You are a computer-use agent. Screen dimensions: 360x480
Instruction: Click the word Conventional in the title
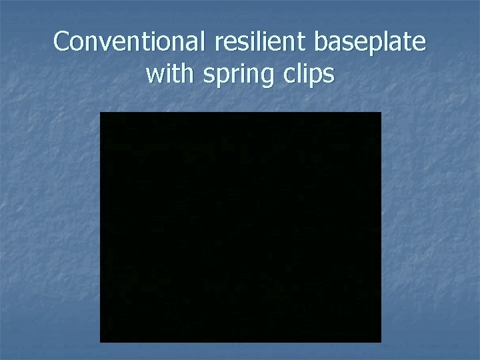tap(131, 42)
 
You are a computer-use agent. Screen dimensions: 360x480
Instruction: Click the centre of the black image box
tap(241, 227)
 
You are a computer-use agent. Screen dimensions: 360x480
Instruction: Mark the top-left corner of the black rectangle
tap(101, 113)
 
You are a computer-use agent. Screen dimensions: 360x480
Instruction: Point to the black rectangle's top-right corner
tap(381, 113)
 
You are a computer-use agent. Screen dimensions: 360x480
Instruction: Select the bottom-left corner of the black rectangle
tap(101, 342)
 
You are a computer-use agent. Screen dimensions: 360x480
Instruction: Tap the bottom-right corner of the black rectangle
tap(381, 342)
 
